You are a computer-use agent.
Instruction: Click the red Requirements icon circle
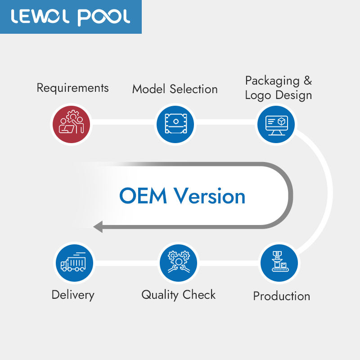click(x=72, y=125)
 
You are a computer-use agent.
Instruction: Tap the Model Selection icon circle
click(x=175, y=125)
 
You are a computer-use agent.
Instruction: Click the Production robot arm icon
click(x=279, y=261)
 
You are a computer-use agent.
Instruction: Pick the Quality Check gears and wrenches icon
click(x=179, y=262)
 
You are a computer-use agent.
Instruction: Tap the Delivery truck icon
click(x=73, y=262)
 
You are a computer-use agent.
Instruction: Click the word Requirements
click(x=72, y=88)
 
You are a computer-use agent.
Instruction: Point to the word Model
click(x=149, y=89)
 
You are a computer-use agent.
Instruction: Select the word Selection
click(x=193, y=89)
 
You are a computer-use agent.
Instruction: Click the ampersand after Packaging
click(x=308, y=81)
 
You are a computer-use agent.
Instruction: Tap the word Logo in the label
click(x=258, y=95)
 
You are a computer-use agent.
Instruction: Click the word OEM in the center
click(x=143, y=196)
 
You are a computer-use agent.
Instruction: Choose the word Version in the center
click(x=209, y=196)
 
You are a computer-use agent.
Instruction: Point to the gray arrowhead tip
click(x=94, y=227)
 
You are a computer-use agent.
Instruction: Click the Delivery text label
click(x=73, y=295)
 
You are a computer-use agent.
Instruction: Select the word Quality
click(x=160, y=295)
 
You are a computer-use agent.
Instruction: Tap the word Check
click(x=199, y=295)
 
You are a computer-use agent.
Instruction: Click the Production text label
click(x=282, y=296)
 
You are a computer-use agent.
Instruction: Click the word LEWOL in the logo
click(x=40, y=16)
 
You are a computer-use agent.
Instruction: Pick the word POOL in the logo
click(x=104, y=17)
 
